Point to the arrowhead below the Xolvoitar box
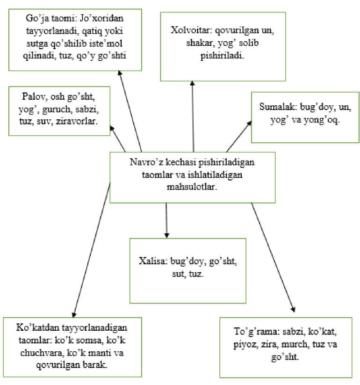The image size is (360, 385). click(x=192, y=83)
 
